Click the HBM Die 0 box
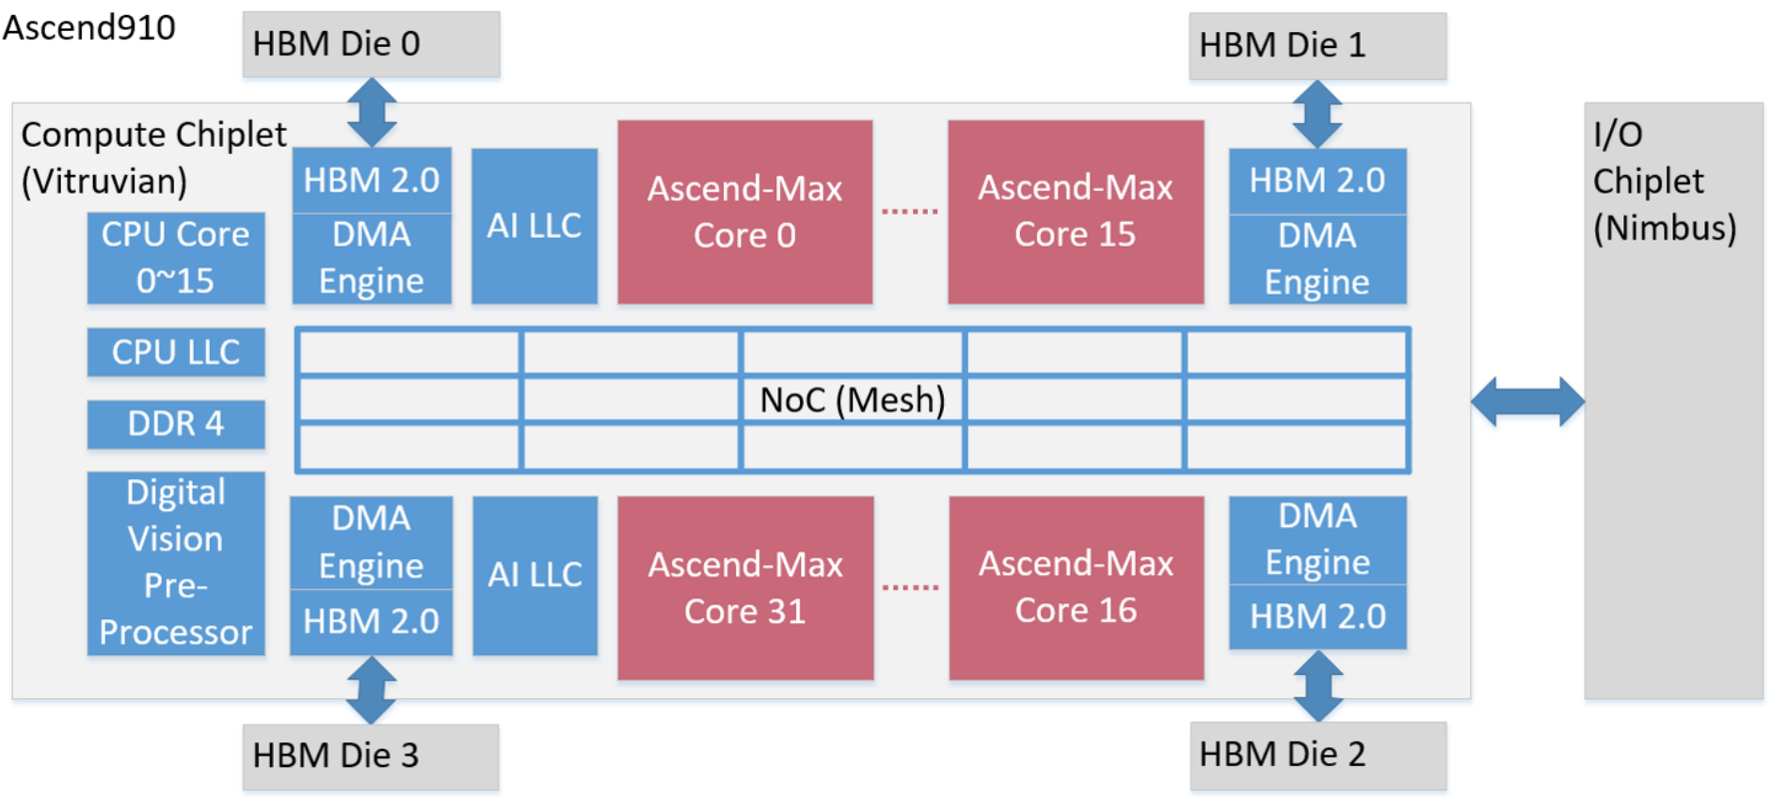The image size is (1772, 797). click(371, 44)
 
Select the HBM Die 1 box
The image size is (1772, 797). click(1317, 46)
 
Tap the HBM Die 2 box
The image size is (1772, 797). click(1317, 755)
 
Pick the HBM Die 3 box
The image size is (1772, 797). click(371, 757)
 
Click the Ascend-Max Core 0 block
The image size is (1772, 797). click(744, 212)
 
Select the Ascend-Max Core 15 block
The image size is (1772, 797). click(1075, 212)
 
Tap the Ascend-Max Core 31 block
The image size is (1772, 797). click(744, 587)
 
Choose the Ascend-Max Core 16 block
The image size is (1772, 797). click(1076, 587)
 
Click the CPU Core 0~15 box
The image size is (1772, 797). click(175, 258)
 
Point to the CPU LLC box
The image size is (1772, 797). click(175, 352)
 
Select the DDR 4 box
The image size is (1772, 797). click(175, 423)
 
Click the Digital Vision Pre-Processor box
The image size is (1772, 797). click(175, 563)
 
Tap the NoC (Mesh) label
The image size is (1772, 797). click(852, 400)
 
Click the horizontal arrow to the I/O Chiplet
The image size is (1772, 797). click(1527, 402)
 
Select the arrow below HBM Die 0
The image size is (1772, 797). click(372, 112)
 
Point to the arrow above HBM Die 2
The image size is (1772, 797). click(1317, 686)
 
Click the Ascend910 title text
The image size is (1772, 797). click(89, 27)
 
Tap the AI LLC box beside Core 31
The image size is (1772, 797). click(535, 575)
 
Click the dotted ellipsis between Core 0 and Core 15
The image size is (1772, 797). click(909, 212)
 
